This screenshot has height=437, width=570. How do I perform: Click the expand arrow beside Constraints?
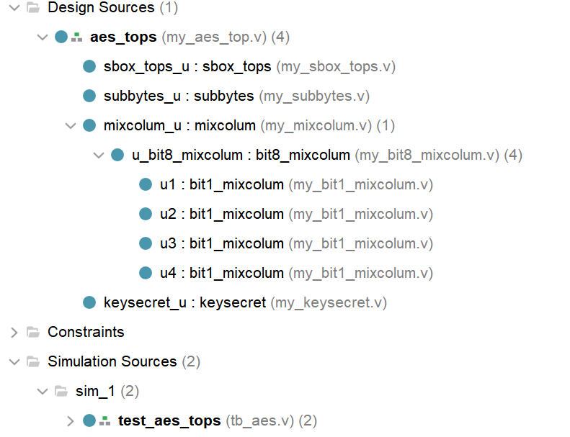pos(14,333)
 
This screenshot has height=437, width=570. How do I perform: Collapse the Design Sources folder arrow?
pos(14,8)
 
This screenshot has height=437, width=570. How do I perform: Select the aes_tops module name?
pos(123,37)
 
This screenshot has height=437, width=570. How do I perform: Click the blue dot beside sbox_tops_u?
pos(89,66)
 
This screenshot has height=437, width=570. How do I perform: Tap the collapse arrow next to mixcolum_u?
pos(71,126)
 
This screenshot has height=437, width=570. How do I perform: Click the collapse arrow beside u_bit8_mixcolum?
pos(99,156)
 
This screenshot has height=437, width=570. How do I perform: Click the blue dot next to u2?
pos(146,214)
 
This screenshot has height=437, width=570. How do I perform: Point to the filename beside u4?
pos(360,273)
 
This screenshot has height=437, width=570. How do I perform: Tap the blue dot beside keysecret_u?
pos(89,302)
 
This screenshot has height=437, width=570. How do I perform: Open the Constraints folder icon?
pos(33,332)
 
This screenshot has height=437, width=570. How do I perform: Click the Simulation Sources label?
pos(112,361)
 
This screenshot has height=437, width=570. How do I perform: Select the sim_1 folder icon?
pos(61,391)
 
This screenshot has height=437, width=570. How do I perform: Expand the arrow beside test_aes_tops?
pos(71,421)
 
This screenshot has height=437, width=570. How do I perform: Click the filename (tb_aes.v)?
pos(260,420)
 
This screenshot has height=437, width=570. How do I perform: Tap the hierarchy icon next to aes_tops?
pos(76,37)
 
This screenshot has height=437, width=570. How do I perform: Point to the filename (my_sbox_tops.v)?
pos(336,67)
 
